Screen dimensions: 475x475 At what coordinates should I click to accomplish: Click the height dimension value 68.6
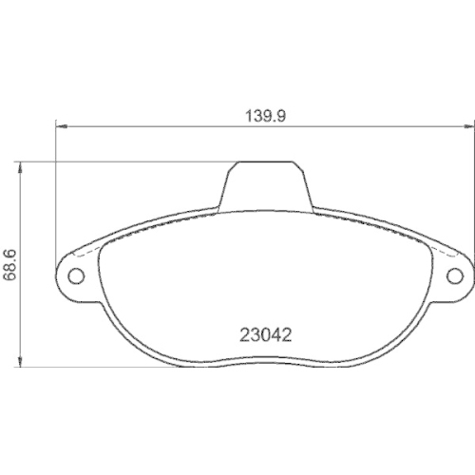coord(10,265)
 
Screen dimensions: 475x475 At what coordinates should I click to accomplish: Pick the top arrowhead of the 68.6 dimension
coord(23,164)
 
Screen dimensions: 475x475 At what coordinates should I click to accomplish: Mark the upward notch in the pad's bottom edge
coord(265,359)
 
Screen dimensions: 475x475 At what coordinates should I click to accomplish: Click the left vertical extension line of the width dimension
coord(58,190)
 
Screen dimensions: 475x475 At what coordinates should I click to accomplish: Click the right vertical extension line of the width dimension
coord(471,190)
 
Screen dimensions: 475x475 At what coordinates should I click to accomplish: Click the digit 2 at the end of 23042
coord(284,334)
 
